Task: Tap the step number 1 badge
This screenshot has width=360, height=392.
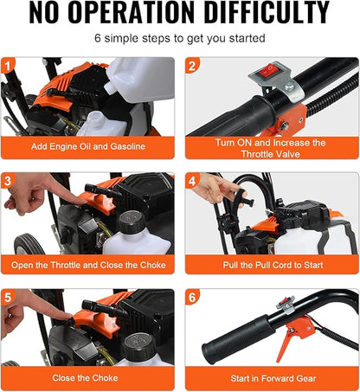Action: (8, 66)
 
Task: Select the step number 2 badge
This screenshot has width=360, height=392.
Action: (192, 66)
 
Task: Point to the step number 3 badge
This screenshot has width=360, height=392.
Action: (8, 181)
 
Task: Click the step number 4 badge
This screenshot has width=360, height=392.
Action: (192, 181)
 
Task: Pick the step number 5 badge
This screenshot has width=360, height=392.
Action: (8, 297)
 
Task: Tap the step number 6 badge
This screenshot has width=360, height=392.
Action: (192, 297)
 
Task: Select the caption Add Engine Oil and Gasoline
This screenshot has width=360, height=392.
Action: (88, 146)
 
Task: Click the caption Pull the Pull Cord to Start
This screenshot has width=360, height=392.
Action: (273, 265)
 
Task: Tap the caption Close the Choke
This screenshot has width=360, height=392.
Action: (85, 378)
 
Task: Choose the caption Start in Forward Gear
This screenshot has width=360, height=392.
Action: (273, 378)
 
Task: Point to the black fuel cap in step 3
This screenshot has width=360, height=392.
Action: (132, 222)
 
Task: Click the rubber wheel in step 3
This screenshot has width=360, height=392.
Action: (29, 244)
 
